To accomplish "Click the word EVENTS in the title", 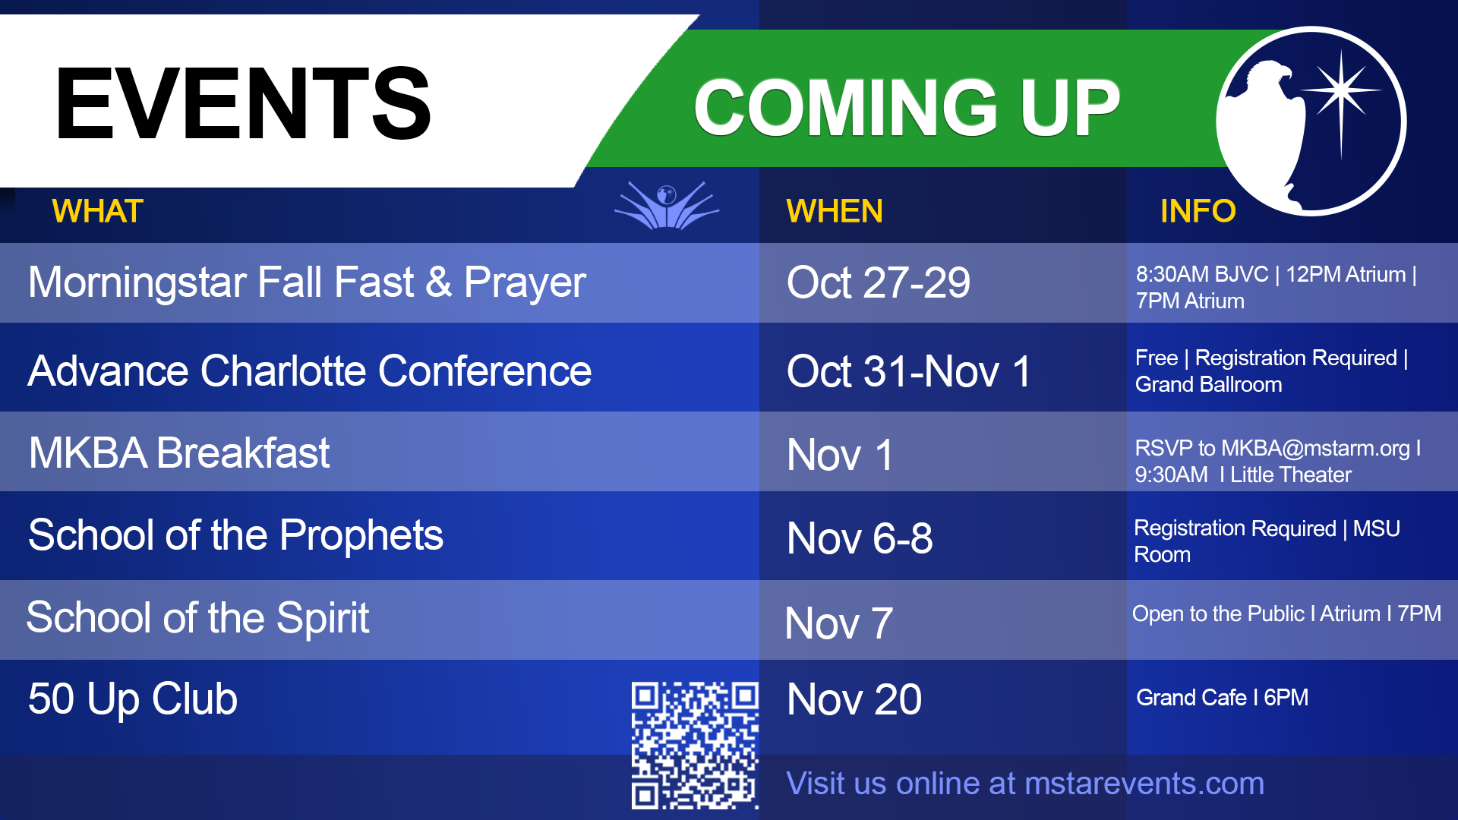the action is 243,104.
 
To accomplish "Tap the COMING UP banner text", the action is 907,108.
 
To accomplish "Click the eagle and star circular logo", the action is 1311,121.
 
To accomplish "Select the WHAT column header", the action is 97,211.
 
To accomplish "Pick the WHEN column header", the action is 835,211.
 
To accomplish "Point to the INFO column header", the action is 1198,211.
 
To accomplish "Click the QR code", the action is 695,745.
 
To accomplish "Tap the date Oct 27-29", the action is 879,282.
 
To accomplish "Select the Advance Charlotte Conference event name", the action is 310,371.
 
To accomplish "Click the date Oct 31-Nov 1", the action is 909,371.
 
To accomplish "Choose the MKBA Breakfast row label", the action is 179,453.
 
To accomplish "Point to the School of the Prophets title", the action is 235,535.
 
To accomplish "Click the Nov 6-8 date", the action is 860,538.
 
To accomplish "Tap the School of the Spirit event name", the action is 197,617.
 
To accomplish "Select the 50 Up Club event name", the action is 133,699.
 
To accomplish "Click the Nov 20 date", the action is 854,699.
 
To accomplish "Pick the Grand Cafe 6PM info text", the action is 1222,698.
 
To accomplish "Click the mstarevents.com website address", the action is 1144,784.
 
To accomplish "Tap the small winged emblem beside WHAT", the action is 667,205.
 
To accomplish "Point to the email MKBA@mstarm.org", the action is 1315,448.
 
